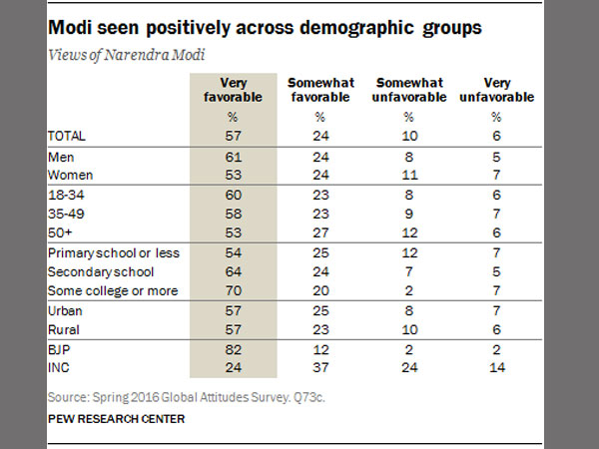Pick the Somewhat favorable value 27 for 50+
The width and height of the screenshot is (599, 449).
coord(316,231)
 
